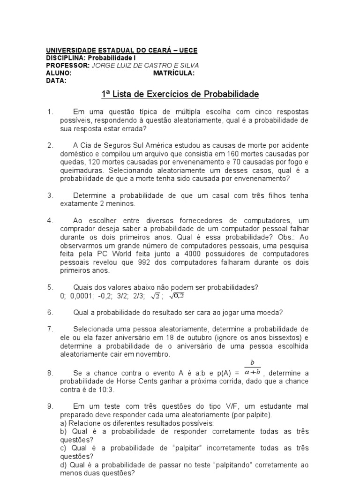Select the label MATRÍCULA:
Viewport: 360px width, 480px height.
[x=174, y=73]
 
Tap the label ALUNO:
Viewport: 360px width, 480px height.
[x=59, y=73]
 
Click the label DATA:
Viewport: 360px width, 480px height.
[x=56, y=81]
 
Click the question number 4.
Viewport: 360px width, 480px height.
[x=50, y=220]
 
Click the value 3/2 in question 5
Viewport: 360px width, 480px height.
[x=122, y=296]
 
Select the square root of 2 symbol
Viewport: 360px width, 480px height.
[x=155, y=296]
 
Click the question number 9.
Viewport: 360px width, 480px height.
[x=50, y=406]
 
